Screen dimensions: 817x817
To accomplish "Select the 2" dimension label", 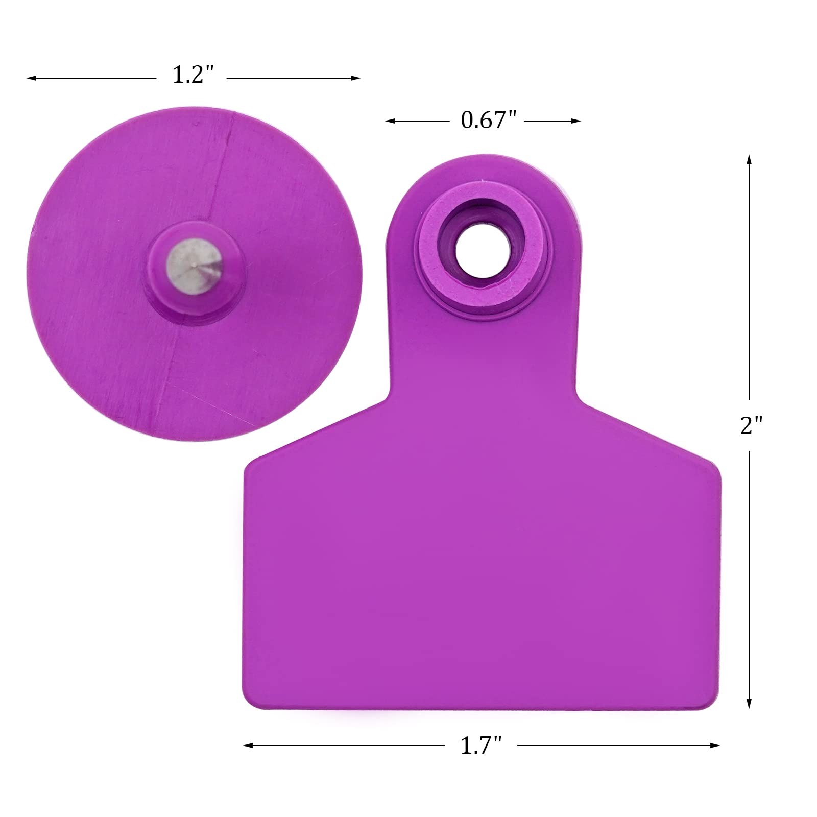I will click(x=751, y=425).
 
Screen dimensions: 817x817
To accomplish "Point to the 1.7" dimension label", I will click(x=481, y=746).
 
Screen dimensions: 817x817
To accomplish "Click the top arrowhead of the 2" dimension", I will click(x=749, y=159).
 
